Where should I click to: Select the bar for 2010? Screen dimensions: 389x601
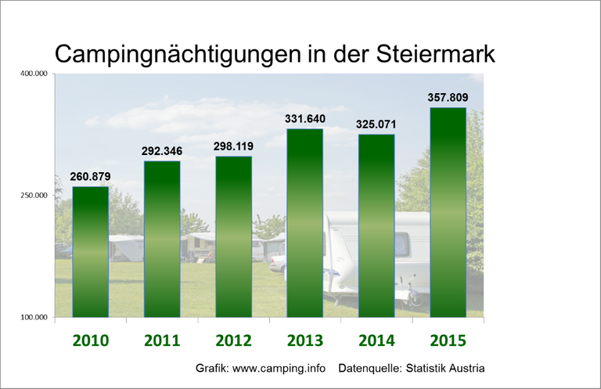click(90, 251)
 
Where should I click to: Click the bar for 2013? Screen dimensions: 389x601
click(304, 222)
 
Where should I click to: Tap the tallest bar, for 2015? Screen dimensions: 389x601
click(448, 212)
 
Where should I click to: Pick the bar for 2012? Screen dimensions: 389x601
click(233, 236)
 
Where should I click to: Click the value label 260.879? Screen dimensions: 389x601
click(90, 177)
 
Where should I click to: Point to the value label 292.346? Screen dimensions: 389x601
click(161, 151)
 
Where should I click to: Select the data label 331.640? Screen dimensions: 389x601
click(304, 119)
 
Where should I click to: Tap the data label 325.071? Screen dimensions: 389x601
click(376, 124)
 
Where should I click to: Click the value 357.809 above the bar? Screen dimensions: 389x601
click(448, 98)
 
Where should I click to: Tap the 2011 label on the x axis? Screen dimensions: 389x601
click(161, 340)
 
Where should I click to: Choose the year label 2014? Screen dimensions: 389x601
click(376, 340)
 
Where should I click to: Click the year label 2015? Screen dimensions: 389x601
click(448, 340)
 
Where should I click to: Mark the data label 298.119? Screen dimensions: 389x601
click(233, 146)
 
